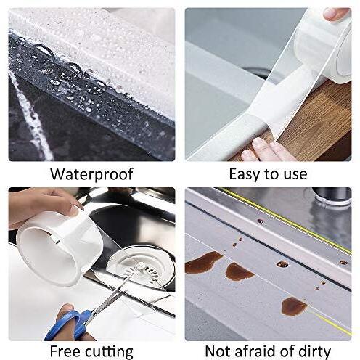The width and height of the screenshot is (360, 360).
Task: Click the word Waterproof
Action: click(x=91, y=174)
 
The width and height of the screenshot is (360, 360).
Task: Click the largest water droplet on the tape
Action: click(x=43, y=54)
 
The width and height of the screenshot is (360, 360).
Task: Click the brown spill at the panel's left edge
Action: click(x=202, y=262)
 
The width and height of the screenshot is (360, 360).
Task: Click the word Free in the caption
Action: click(x=65, y=351)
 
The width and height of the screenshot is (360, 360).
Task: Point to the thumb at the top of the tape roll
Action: click(x=337, y=13)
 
